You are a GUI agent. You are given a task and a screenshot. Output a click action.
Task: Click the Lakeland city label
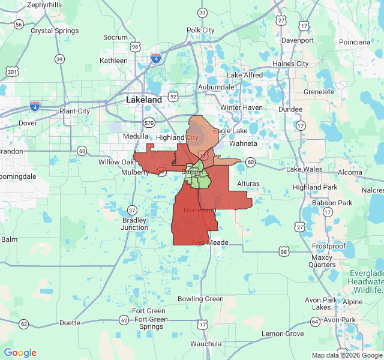(x=144, y=100)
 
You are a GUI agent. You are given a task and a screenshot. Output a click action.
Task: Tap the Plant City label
(x=74, y=111)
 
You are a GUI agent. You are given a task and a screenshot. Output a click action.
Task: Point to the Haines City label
(x=290, y=64)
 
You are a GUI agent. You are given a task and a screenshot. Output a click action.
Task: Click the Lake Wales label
(x=304, y=169)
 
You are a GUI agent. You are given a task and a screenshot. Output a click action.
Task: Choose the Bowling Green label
(x=200, y=299)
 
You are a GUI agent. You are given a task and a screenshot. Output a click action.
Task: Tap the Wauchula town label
(x=206, y=344)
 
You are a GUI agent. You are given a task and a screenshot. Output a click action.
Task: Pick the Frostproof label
(x=329, y=247)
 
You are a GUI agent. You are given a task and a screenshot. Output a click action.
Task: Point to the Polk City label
(x=200, y=30)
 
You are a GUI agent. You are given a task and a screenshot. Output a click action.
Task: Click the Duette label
(x=70, y=323)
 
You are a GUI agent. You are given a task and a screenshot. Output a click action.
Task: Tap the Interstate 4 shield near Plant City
(x=35, y=106)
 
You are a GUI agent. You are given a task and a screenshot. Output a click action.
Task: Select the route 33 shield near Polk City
(x=202, y=13)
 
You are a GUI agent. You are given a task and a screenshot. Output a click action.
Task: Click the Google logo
(x=20, y=353)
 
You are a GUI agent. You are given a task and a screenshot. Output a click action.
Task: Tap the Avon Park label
(x=340, y=320)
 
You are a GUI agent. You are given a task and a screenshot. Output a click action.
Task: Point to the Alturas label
(x=248, y=183)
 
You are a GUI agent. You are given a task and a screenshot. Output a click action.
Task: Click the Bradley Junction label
(x=134, y=224)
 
